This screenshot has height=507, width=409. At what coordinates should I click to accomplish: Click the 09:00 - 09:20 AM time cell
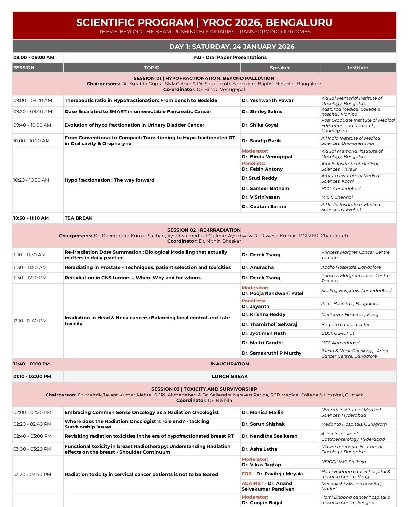point(33,100)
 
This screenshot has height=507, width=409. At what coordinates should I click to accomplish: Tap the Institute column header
point(358,68)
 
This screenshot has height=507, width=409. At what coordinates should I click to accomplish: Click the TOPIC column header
point(151,68)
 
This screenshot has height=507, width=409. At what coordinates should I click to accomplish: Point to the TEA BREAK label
point(79,218)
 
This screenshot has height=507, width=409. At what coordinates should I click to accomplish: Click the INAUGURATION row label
point(230,364)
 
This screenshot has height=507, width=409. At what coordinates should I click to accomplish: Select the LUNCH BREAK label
point(230,376)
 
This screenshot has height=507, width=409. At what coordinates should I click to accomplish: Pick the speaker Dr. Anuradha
point(258,267)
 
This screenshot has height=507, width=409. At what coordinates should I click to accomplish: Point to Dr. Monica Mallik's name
point(262,412)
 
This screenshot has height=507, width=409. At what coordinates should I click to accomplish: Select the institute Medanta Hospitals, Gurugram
point(354,424)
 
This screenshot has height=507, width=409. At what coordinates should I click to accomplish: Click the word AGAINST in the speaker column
point(253,483)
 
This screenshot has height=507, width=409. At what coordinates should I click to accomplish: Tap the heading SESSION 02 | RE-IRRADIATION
point(204,230)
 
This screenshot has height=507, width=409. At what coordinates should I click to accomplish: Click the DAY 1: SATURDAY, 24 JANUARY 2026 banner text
point(232,47)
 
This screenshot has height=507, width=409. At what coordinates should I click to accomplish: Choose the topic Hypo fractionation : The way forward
point(110,180)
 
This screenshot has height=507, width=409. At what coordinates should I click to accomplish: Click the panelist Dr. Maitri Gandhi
point(262,343)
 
